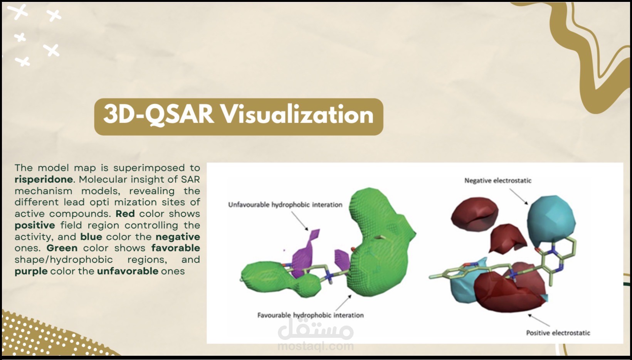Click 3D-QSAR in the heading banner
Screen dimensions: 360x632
158,115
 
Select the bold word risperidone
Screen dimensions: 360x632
44,179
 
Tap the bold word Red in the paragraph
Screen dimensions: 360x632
125,214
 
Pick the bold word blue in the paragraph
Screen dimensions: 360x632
91,237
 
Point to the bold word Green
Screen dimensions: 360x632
62,248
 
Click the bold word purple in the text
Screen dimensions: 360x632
31,271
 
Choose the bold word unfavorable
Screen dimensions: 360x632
128,271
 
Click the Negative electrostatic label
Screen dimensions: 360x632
498,180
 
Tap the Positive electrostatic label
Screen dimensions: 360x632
558,333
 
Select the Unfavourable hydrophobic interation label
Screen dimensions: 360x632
285,205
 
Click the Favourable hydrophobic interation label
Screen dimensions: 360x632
310,315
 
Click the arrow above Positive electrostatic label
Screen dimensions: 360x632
539,320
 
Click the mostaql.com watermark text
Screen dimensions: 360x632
315,346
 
